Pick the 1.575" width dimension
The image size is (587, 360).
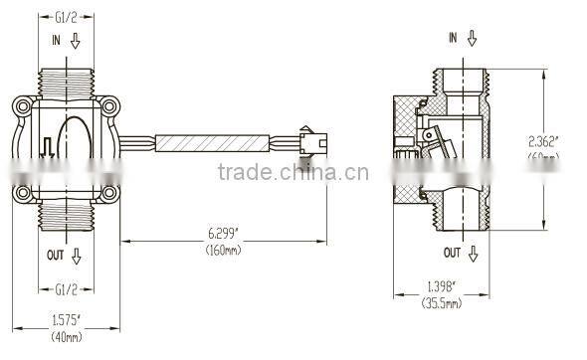click(67, 320)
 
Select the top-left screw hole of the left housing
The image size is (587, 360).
click(22, 103)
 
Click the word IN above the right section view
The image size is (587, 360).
click(453, 37)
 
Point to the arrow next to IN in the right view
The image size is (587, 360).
click(473, 38)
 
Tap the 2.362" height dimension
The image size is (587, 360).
click(543, 140)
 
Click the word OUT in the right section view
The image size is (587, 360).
click(453, 252)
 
